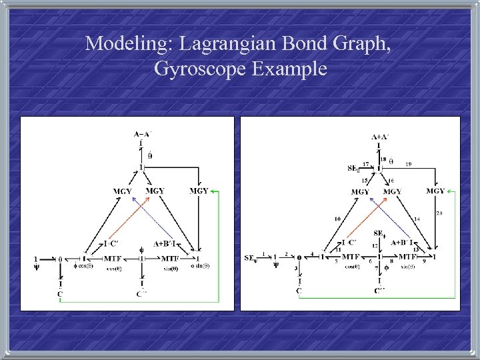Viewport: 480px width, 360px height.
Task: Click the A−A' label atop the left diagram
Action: pos(141,135)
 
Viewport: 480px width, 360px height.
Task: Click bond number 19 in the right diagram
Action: pos(408,163)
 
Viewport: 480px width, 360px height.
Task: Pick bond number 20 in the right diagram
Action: pos(439,213)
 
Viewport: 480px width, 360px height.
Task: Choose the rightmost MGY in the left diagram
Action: pos(199,191)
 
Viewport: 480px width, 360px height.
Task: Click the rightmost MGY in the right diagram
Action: pos(435,191)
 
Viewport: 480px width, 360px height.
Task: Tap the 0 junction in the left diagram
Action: pos(60,259)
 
